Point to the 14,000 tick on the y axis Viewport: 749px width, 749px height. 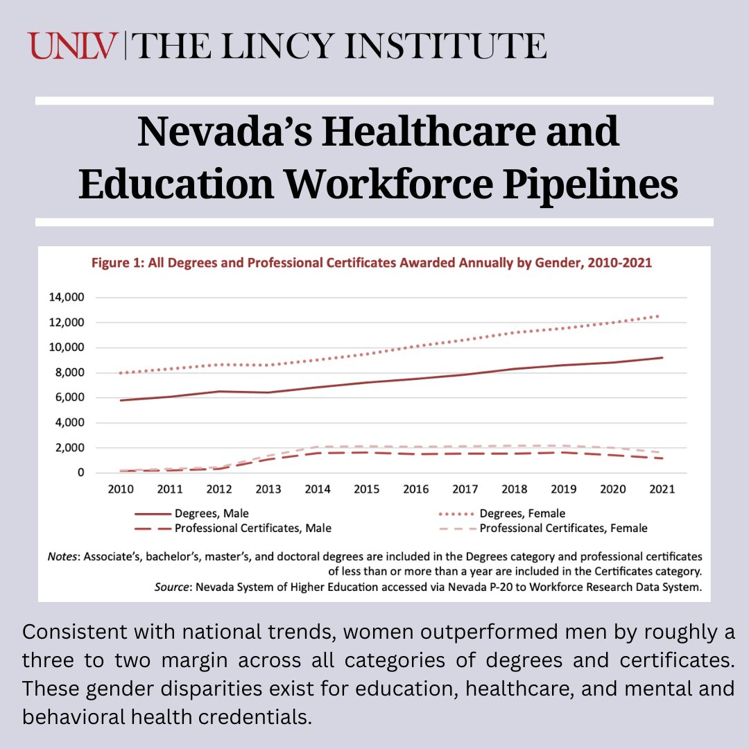(66, 298)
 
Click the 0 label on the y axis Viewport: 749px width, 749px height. (80, 473)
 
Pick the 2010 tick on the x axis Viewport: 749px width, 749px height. (121, 489)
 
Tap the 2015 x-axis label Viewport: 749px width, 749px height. (367, 489)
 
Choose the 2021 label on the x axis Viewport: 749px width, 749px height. (662, 489)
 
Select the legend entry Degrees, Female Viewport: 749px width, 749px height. (522, 514)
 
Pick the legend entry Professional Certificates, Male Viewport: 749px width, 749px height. (252, 528)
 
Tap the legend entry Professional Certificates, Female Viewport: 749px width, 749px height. (563, 528)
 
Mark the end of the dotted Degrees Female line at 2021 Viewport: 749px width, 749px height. (657, 316)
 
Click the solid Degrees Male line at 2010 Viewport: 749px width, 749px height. (121, 400)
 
